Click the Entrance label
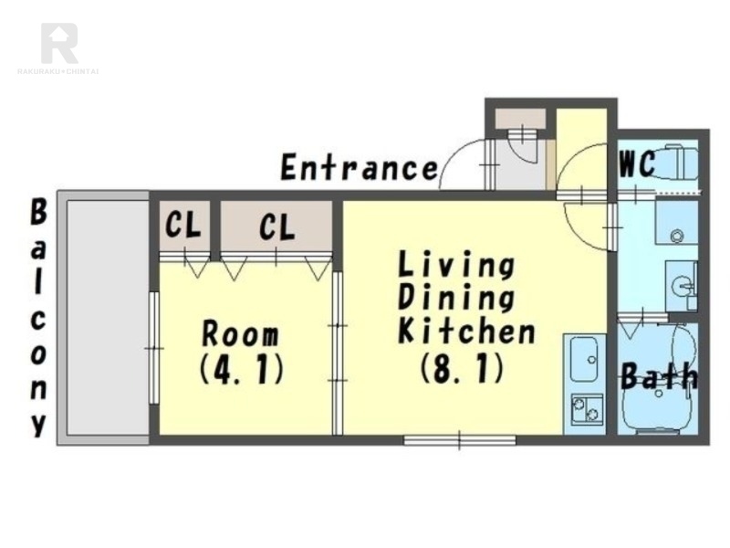pyautogui.click(x=359, y=168)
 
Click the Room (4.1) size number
pyautogui.click(x=242, y=370)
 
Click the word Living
pyautogui.click(x=456, y=265)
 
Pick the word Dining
pyautogui.click(x=456, y=298)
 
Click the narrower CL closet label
pyautogui.click(x=183, y=225)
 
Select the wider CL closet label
pyautogui.click(x=277, y=227)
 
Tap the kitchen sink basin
pyautogui.click(x=584, y=359)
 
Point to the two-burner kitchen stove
pyautogui.click(x=587, y=408)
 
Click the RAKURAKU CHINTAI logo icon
pyautogui.click(x=59, y=43)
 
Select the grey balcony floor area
pyautogui.click(x=108, y=317)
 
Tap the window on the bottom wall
pyautogui.click(x=460, y=440)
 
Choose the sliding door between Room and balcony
pyautogui.click(x=153, y=348)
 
